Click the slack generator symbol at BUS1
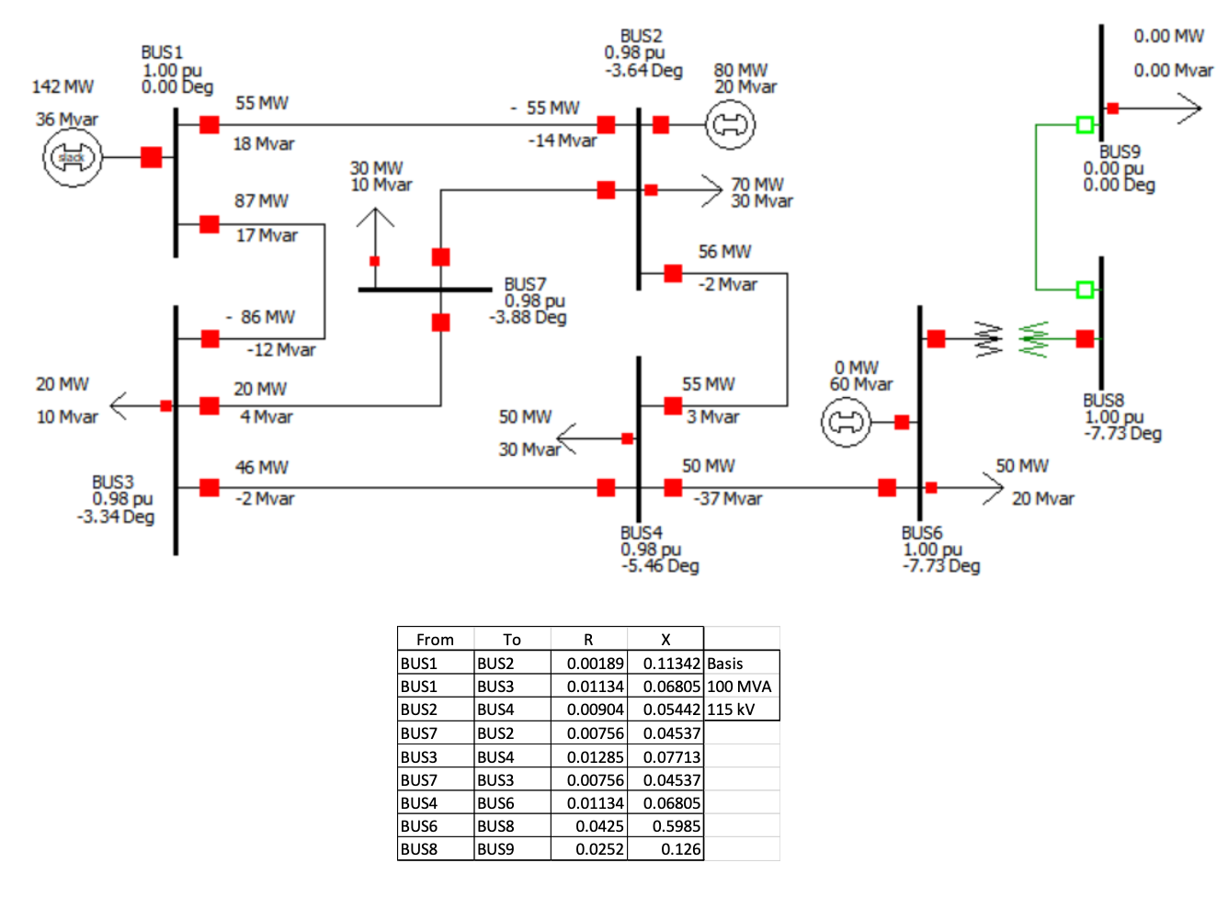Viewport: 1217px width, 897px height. tap(71, 158)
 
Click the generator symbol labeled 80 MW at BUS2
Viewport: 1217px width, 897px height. tap(731, 125)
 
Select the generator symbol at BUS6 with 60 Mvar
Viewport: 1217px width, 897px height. tap(846, 423)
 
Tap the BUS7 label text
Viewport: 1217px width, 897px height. tap(525, 284)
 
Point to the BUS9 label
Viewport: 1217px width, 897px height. tap(1120, 152)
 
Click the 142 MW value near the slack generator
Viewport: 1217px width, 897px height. tap(63, 86)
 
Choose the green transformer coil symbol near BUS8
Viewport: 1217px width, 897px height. tap(1033, 339)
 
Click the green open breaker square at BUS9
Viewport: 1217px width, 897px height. tap(1085, 125)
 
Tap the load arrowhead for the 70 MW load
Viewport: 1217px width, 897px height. tap(711, 190)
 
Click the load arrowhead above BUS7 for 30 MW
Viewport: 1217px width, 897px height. tap(374, 218)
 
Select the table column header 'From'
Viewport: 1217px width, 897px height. tap(435, 640)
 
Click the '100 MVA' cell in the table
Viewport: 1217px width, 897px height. tap(739, 687)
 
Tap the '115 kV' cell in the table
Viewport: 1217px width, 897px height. tap(731, 710)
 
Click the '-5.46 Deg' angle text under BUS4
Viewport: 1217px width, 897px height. tap(660, 566)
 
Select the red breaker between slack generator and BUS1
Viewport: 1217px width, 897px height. tap(152, 157)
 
